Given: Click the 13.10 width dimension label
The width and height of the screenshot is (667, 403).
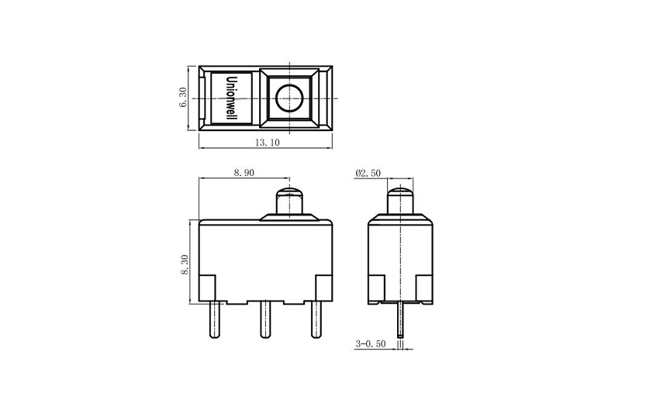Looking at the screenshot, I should (266, 143).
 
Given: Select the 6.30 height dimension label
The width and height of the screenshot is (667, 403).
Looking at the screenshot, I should (183, 97).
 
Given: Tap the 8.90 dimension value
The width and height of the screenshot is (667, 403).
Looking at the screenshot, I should (244, 174).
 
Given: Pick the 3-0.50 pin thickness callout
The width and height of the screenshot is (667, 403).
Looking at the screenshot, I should (370, 343).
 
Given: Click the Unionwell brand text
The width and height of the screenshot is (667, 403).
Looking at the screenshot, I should (230, 98).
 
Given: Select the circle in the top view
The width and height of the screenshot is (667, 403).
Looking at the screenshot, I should (289, 98).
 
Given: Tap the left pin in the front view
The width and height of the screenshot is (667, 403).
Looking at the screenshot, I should (214, 319).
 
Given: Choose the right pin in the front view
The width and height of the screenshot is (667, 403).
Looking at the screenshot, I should (316, 319).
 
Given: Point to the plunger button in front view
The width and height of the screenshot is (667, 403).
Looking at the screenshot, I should (289, 201).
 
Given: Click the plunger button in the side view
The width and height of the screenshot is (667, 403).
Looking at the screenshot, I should (400, 201).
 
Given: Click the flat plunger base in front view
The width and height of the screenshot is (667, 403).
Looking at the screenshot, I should (289, 219).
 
